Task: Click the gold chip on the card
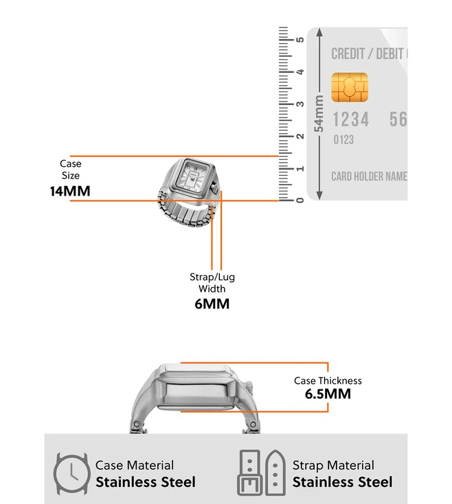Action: pyautogui.click(x=350, y=87)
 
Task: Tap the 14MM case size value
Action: pyautogui.click(x=70, y=191)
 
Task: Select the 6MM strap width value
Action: pyautogui.click(x=212, y=303)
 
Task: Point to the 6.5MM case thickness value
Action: pyautogui.click(x=328, y=394)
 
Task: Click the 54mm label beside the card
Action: pyautogui.click(x=319, y=113)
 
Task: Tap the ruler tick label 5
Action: pyautogui.click(x=300, y=39)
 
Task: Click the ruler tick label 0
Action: pyautogui.click(x=300, y=200)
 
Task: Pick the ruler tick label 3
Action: pyautogui.click(x=300, y=104)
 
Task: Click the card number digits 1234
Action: pyautogui.click(x=351, y=119)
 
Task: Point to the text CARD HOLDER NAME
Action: pyautogui.click(x=369, y=176)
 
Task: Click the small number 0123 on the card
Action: pyautogui.click(x=343, y=140)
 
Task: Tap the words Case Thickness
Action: pyautogui.click(x=328, y=380)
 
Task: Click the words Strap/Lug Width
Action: pyautogui.click(x=212, y=283)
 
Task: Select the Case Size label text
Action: pyautogui.click(x=70, y=170)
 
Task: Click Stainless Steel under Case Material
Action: pyautogui.click(x=146, y=482)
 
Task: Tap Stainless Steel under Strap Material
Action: pyautogui.click(x=343, y=482)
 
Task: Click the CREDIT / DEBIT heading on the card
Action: pyautogui.click(x=368, y=54)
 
